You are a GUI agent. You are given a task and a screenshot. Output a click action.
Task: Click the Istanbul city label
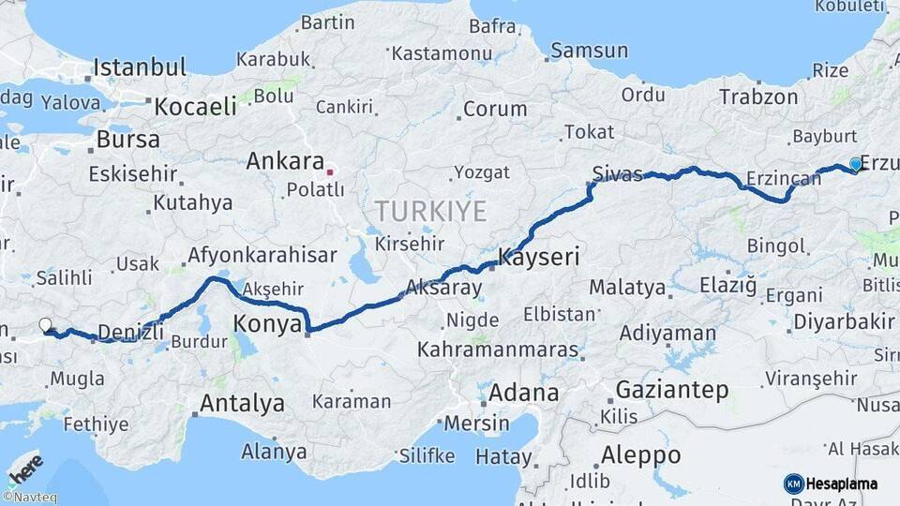pos(140,67)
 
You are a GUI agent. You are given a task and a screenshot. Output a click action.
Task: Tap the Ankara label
pos(285,161)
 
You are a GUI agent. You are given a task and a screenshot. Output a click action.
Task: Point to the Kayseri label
pos(539,256)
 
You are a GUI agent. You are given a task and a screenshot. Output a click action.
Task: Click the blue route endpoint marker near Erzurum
pos(855,164)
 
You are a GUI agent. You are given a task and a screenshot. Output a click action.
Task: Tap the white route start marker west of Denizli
pos(45,325)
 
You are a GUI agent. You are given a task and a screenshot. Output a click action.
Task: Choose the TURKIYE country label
pos(430,210)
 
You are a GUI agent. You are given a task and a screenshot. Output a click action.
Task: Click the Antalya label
pos(241,404)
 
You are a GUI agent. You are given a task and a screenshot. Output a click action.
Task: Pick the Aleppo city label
pos(641,455)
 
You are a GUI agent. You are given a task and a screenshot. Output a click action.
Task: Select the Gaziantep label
pos(672,390)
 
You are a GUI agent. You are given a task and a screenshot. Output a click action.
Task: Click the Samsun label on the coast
pos(589,51)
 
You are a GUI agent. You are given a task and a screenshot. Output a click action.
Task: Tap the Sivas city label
pos(618,173)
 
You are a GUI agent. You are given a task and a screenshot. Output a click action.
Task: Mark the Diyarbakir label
pos(844,321)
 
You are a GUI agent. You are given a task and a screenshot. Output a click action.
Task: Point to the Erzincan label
pos(784,178)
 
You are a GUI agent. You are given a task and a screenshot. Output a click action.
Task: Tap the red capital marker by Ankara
pos(329,172)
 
